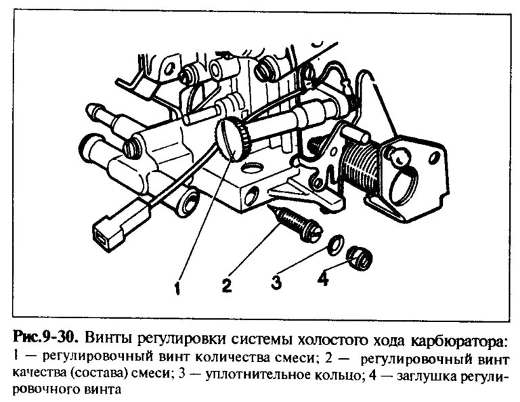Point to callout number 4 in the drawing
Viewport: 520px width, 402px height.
point(323,278)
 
